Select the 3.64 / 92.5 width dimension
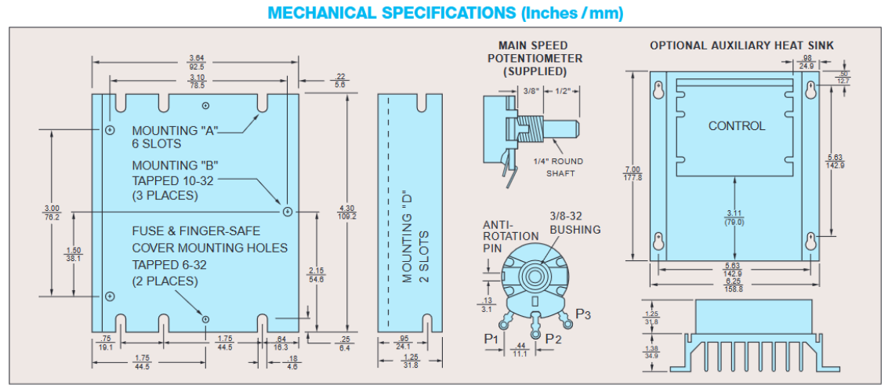(197, 63)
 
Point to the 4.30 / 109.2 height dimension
(347, 212)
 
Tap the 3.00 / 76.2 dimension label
(53, 212)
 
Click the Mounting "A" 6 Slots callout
(168, 136)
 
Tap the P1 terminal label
(491, 338)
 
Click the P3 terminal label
(583, 314)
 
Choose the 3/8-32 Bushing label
(574, 223)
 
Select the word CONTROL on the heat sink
(737, 125)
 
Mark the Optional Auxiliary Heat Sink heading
(741, 45)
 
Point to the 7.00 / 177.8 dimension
(632, 173)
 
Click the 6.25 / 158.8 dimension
(734, 285)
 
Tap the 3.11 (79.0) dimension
(734, 217)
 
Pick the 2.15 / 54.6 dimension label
(316, 274)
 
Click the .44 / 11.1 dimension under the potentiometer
(519, 350)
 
